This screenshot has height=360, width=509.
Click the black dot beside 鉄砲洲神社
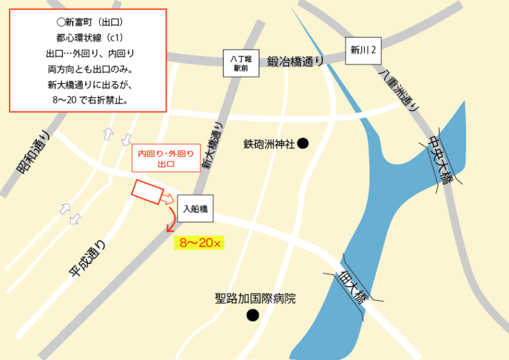[x=303, y=144]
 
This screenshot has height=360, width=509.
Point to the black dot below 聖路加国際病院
[x=253, y=314]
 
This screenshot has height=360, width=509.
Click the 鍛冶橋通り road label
[x=295, y=61]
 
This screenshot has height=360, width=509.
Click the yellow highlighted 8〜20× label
[x=199, y=243]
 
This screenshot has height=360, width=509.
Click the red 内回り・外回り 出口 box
[x=162, y=158]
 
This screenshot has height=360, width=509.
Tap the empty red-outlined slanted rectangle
[x=147, y=191]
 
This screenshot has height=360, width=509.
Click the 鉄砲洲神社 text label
[x=269, y=144]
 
